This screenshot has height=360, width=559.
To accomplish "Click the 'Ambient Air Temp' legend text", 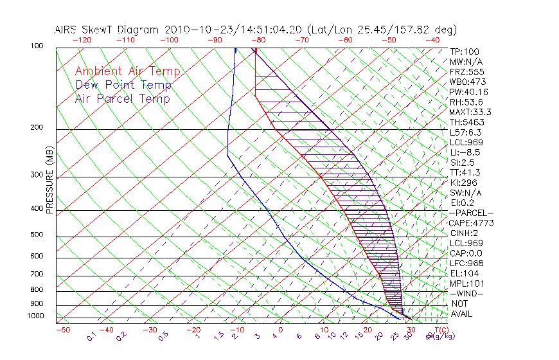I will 127,71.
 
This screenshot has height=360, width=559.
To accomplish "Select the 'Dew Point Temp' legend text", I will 123,85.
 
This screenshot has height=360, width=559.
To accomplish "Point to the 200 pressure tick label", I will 37,128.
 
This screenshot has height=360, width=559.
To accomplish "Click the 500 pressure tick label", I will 37,235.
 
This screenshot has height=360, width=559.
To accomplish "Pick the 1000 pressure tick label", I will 35,316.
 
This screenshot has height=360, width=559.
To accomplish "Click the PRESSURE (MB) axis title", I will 49,181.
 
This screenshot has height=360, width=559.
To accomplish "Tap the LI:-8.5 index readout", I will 466,152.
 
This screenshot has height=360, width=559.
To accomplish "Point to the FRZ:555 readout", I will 466,71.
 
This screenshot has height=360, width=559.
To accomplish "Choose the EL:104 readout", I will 464,273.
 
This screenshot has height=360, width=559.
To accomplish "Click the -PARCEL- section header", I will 471,213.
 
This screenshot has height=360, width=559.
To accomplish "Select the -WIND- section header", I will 466,293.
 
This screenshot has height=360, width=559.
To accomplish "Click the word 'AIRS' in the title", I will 67,30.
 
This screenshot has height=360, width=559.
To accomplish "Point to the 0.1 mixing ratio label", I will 92,336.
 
